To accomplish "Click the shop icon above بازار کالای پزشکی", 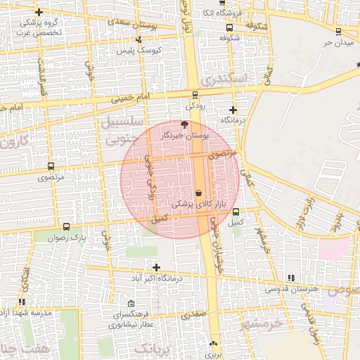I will [199, 192].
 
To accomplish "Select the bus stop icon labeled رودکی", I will [195, 95].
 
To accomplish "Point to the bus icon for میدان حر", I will [339, 32].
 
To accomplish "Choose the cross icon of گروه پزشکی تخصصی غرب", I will [39, 12].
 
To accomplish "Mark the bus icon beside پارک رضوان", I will [67, 226].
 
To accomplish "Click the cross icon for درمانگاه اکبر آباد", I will [156, 267].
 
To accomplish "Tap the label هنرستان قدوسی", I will [292, 288].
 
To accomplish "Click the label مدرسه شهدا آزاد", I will [22, 311].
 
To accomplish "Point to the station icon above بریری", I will [214, 344].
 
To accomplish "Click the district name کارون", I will [14, 141].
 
